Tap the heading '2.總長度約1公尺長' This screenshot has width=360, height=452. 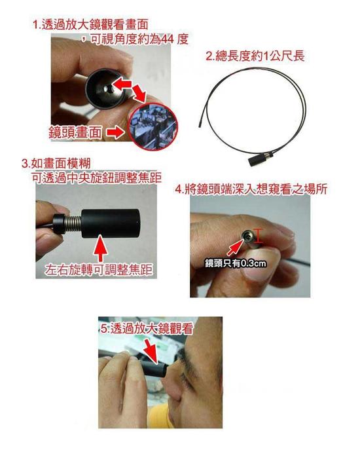(255, 56)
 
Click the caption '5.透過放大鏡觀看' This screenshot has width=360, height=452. (145, 331)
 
